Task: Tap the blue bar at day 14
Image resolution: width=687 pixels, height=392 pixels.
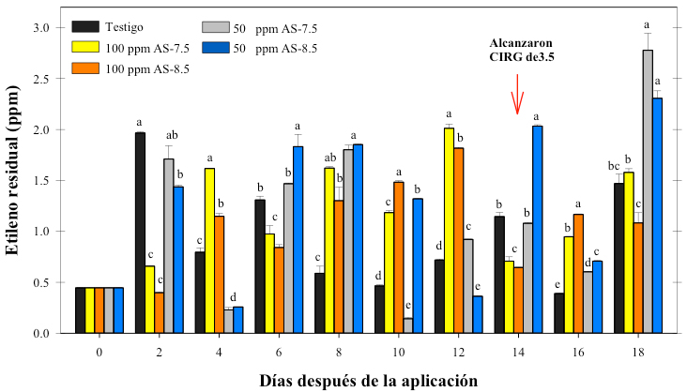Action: pos(537,230)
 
